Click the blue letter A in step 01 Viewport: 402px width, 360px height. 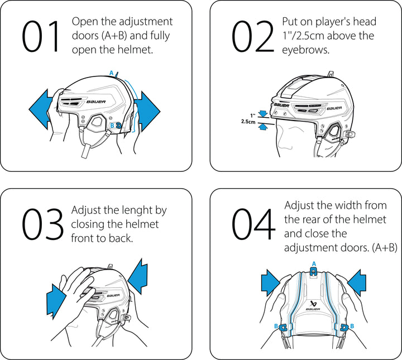pyautogui.click(x=112, y=73)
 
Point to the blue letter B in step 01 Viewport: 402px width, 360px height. pyautogui.click(x=112, y=126)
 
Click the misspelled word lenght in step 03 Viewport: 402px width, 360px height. pyautogui.click(x=138, y=210)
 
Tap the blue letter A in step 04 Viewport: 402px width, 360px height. pyautogui.click(x=313, y=263)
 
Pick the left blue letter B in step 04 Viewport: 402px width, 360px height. pyautogui.click(x=276, y=326)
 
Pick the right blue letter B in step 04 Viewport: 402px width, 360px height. pyautogui.click(x=351, y=326)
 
